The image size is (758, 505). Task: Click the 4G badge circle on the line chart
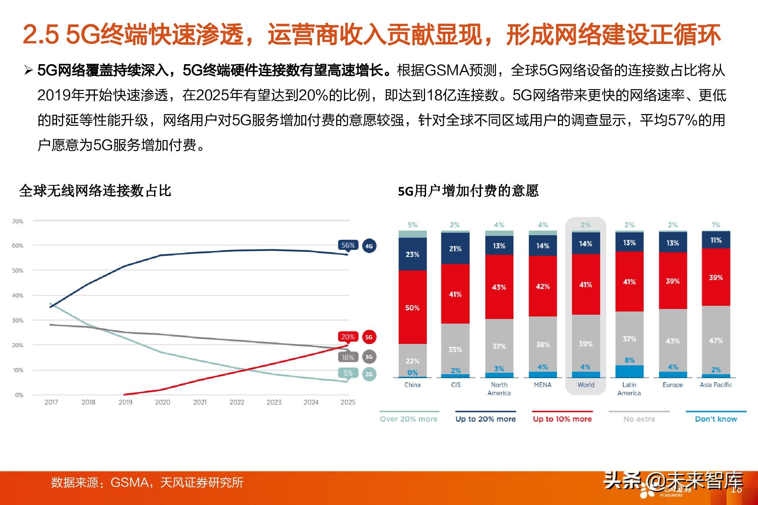point(369,246)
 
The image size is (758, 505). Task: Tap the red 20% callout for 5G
point(348,337)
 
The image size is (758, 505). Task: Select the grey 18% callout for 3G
point(348,357)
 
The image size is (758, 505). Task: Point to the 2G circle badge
point(369,374)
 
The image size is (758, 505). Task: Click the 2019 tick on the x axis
point(126,402)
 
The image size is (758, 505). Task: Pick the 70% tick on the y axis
point(17,221)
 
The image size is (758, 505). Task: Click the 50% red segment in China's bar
point(413,308)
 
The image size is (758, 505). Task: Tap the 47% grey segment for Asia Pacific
point(716,340)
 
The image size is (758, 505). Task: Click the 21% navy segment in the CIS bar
point(455,248)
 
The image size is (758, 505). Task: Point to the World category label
point(586,385)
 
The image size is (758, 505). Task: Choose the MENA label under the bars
point(543,385)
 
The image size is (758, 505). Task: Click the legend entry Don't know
point(716,419)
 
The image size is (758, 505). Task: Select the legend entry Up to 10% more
point(562,419)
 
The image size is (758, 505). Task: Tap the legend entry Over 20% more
point(409,419)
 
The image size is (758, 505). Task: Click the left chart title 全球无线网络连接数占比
point(95,191)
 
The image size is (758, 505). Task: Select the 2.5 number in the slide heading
point(41,35)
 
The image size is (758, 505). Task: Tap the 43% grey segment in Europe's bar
point(672,341)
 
